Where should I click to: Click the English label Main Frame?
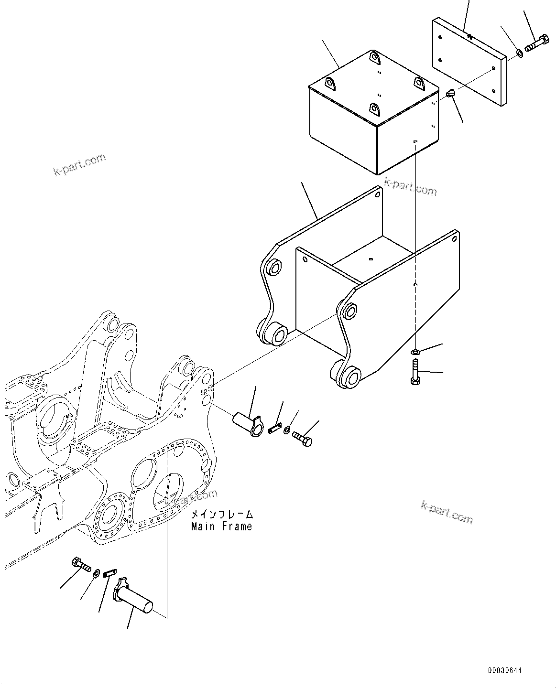coord(221,527)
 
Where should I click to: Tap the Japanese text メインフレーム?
coord(222,514)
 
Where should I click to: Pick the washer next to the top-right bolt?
coord(519,53)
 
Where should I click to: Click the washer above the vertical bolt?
coord(415,352)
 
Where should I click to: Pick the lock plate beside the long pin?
coord(110,572)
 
